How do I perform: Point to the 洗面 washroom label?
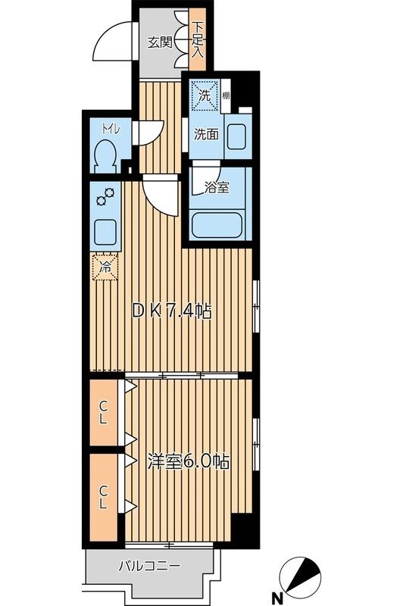coord(206,136)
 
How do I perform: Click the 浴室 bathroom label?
coord(217,187)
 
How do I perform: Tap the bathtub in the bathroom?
coord(219,226)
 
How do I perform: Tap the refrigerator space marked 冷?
coord(106,266)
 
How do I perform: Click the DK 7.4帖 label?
coord(173,310)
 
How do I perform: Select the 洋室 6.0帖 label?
coord(189,461)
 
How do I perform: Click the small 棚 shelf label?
coord(226,96)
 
